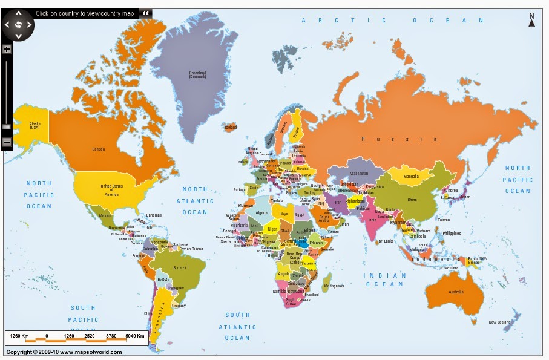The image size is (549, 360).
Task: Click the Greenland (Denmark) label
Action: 197,75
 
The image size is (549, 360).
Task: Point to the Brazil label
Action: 177,267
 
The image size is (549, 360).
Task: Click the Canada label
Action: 98,149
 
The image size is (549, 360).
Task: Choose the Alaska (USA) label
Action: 35,126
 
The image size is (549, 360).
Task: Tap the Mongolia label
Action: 411,177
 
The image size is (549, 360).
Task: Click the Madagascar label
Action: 334,285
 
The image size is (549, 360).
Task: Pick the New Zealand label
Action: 501,322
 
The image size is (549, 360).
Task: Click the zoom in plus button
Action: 7,50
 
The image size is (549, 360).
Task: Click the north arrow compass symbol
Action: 531,21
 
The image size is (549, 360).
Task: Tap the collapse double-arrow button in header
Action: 145,13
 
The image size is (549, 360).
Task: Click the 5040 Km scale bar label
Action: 135,335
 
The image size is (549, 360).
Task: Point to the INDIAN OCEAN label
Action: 384,280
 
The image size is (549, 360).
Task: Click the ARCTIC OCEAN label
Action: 393,20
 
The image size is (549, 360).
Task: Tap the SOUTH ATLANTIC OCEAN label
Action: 237,326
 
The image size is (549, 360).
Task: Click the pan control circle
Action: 18,25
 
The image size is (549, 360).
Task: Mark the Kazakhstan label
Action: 358,173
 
